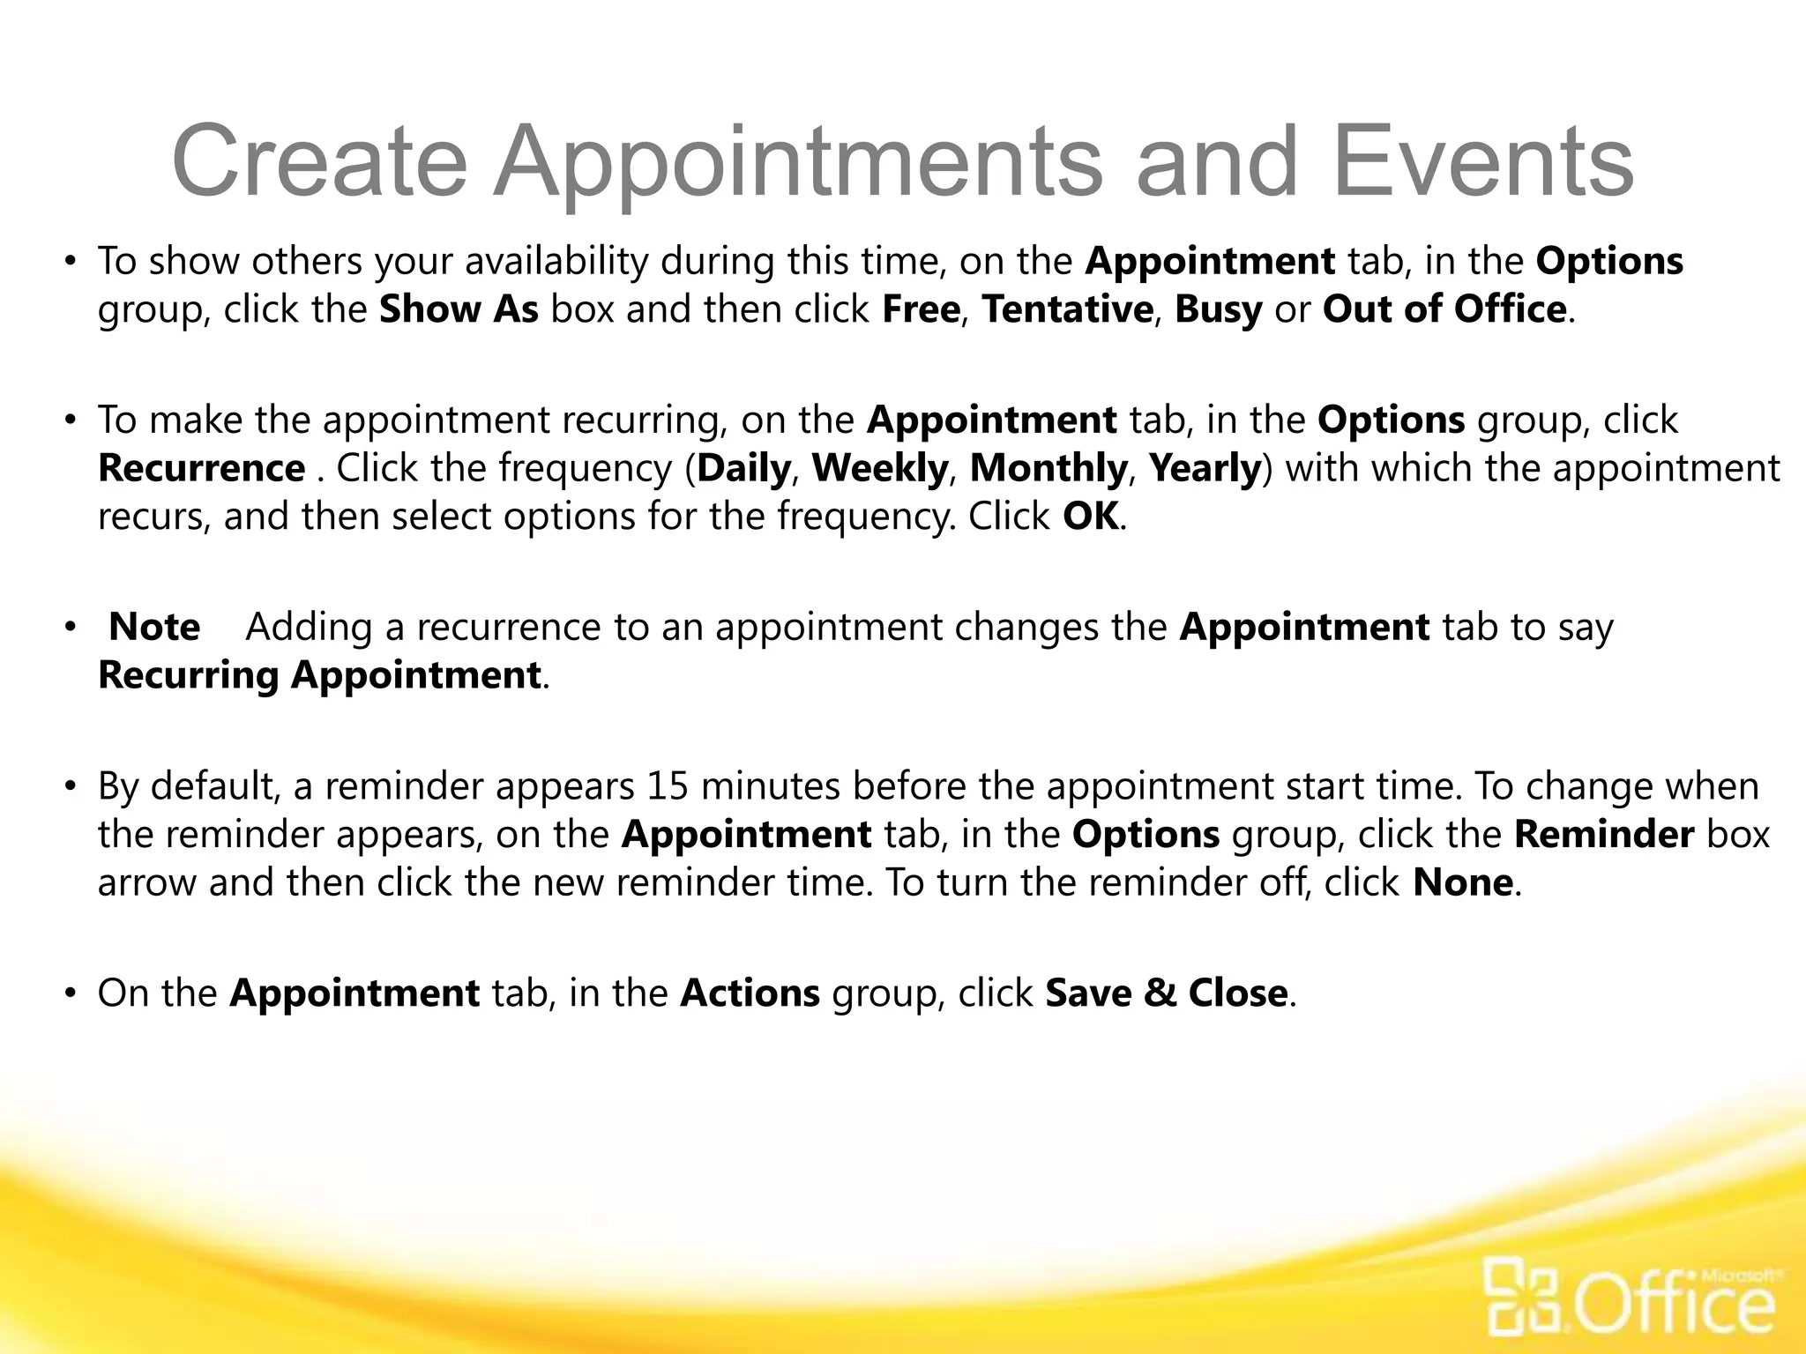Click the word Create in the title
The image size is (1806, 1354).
[319, 162]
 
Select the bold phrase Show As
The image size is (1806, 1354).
[459, 309]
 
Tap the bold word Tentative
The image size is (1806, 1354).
[1067, 309]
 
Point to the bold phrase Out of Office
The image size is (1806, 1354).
[1444, 309]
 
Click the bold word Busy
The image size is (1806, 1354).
[1218, 309]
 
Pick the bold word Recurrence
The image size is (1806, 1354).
[201, 468]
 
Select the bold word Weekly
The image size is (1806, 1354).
[879, 468]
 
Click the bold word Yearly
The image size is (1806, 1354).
[1205, 468]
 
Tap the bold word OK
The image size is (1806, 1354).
[1090, 516]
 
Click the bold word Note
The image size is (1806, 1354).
[154, 627]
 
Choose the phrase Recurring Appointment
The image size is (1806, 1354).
[319, 675]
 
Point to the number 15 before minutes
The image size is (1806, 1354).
[667, 785]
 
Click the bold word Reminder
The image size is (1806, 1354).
[1603, 834]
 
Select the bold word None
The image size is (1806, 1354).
[1462, 882]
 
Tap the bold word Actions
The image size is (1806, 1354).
[750, 993]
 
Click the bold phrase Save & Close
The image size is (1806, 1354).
[1166, 993]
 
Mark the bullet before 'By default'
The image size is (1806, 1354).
[71, 786]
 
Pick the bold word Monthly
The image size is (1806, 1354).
[1048, 468]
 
